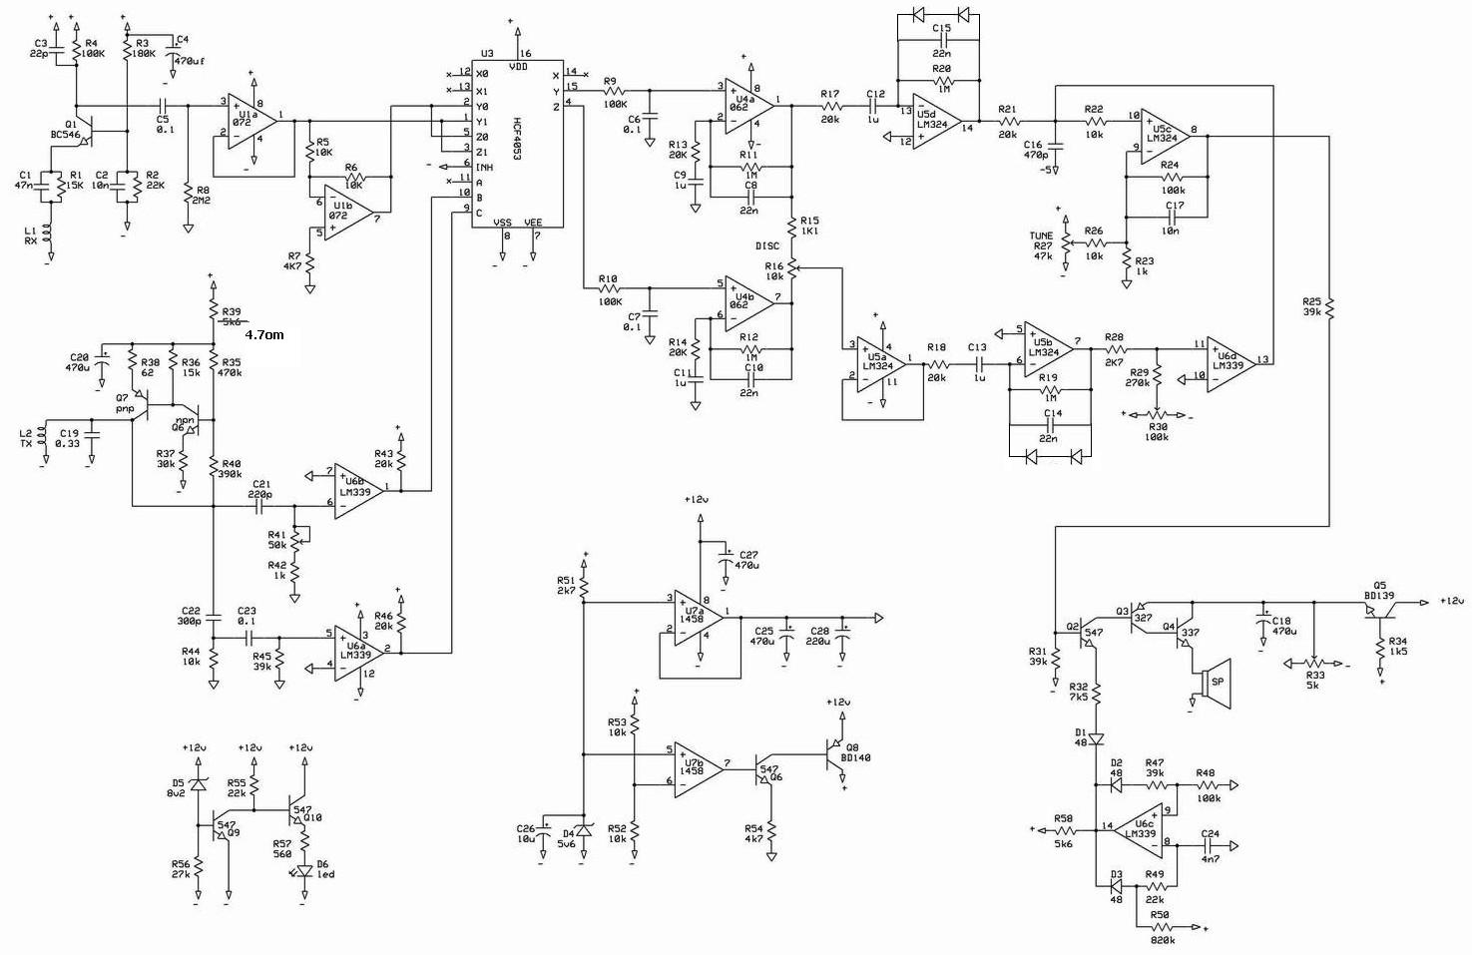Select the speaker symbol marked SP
(x=1216, y=682)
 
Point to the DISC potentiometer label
(x=767, y=245)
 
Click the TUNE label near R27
(x=1041, y=237)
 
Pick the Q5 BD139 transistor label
(x=1381, y=591)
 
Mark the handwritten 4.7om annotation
(x=264, y=335)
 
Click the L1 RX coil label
(x=30, y=237)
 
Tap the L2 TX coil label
(x=27, y=438)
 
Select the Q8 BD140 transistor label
(x=855, y=752)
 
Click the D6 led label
(x=325, y=869)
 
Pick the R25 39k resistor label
(x=1311, y=306)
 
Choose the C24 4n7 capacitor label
(x=1210, y=839)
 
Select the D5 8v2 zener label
(x=178, y=788)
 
